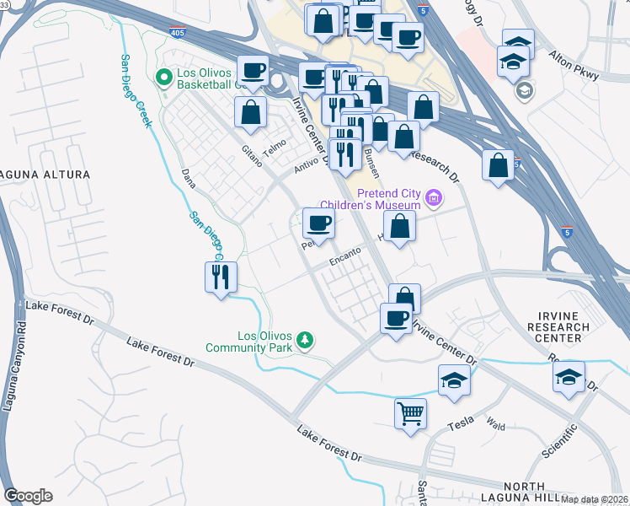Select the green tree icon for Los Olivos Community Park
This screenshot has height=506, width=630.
305,340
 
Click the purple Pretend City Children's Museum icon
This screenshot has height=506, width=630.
434,199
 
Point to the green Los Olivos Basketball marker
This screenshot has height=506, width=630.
164,78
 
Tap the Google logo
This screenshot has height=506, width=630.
28,496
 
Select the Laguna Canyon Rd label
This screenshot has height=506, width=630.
10,397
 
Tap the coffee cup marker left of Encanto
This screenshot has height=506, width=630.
318,223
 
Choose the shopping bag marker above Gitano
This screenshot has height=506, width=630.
250,112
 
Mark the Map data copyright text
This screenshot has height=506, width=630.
595,499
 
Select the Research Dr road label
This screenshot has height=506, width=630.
435,165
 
